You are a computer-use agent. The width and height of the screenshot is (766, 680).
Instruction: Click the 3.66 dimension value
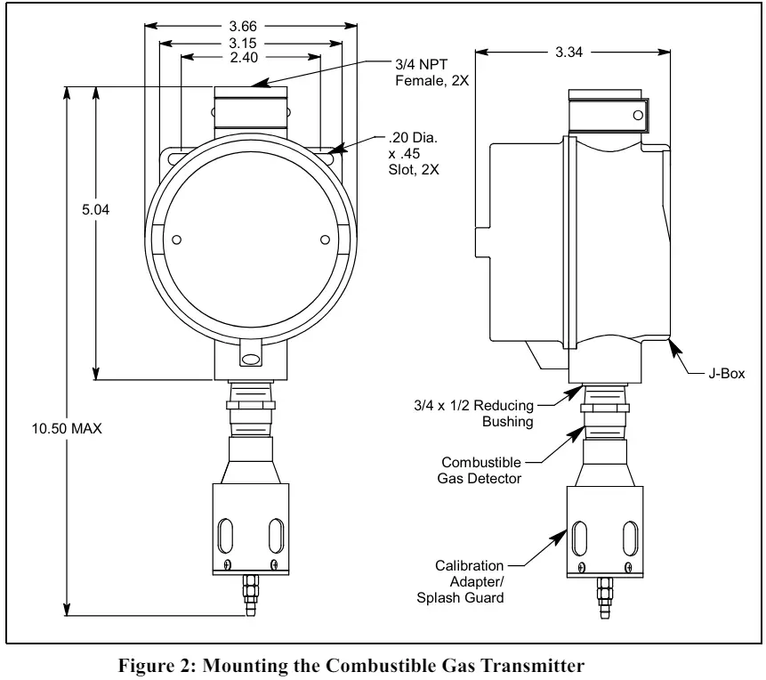[x=251, y=25]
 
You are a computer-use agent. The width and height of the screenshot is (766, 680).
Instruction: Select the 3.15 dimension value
[x=251, y=42]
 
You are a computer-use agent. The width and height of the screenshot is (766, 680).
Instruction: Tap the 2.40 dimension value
[x=251, y=59]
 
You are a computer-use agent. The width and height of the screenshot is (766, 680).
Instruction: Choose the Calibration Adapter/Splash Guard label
[x=469, y=581]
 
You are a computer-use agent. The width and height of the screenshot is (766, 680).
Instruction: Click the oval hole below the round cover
[x=251, y=360]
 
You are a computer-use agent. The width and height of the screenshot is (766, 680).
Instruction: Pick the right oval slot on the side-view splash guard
[x=629, y=538]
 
